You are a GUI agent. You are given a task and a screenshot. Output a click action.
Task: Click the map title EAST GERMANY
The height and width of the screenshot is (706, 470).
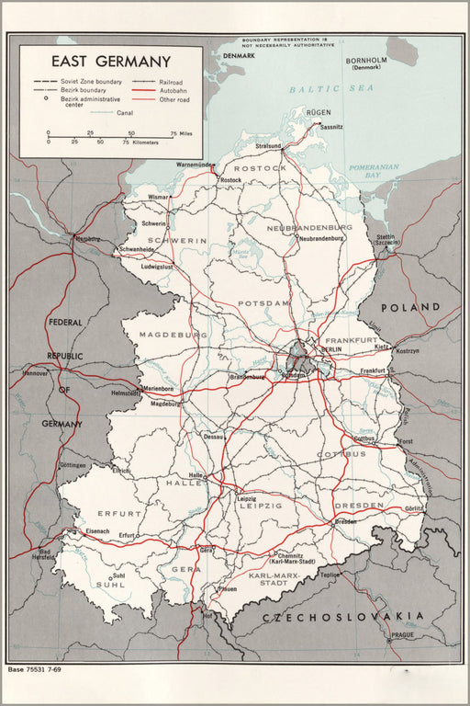pyautogui.click(x=110, y=62)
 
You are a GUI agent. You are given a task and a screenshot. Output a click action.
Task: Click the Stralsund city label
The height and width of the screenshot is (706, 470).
pyautogui.click(x=268, y=145)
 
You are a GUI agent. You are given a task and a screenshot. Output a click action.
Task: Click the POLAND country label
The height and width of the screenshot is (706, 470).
pyautogui.click(x=410, y=307)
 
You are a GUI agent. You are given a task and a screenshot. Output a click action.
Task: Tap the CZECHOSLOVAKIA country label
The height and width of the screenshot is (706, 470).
pyautogui.click(x=342, y=617)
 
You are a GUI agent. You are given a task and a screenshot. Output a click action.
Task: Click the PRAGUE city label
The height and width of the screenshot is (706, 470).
pyautogui.click(x=401, y=634)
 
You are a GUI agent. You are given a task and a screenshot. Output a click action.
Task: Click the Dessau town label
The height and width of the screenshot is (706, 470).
pyautogui.click(x=213, y=437)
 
